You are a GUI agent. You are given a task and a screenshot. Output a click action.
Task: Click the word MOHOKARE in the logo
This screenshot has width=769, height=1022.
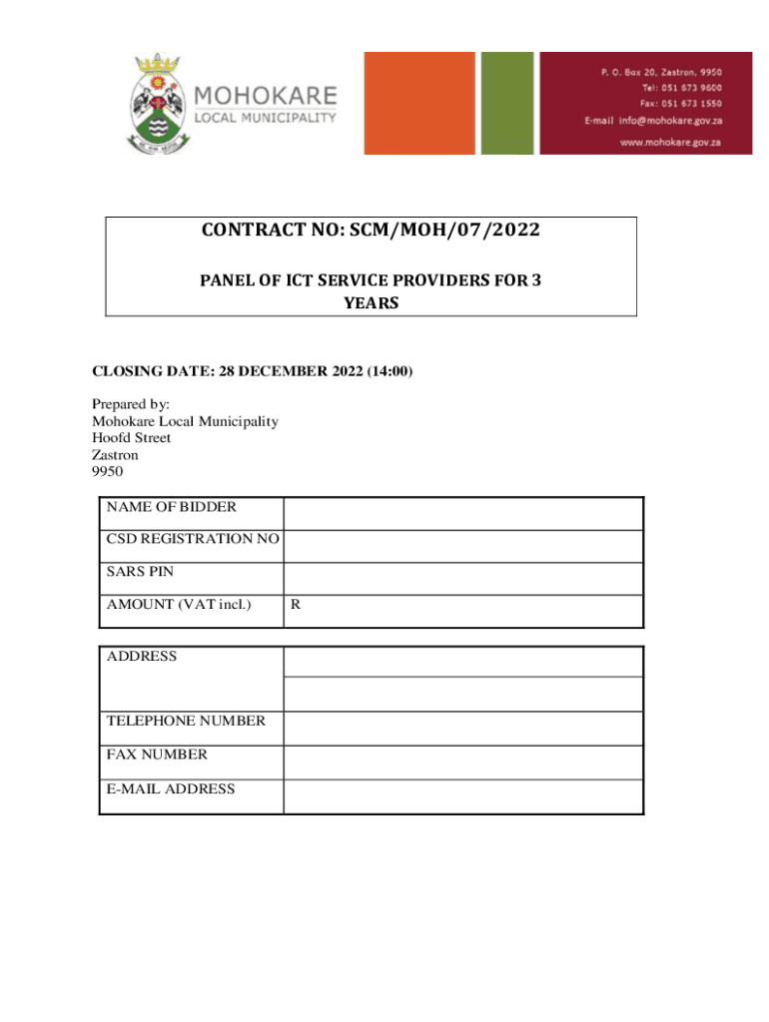[x=265, y=97]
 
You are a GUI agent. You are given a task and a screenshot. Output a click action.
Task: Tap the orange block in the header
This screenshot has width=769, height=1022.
[x=418, y=103]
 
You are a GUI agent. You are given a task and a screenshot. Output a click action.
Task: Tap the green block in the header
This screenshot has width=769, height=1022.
[x=507, y=103]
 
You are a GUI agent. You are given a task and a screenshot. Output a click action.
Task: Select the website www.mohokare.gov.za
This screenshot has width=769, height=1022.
[x=670, y=143]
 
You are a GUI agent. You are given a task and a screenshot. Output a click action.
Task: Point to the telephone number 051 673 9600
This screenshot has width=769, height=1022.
[x=696, y=88]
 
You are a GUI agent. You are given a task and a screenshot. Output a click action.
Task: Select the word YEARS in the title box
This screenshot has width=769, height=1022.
[x=371, y=302]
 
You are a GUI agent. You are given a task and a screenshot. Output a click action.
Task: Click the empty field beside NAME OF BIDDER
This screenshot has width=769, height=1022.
[x=462, y=514]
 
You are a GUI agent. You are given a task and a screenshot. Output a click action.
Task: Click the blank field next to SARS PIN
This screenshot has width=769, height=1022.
[x=462, y=579]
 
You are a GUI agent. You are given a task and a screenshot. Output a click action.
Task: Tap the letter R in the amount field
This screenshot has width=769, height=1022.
[x=296, y=604]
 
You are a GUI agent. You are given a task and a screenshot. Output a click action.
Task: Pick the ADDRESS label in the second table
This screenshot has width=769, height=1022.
[x=142, y=656]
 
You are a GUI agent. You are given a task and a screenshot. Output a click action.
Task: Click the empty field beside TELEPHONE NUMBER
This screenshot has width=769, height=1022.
[x=462, y=728]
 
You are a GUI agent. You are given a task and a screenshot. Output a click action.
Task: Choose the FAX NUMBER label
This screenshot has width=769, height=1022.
[x=157, y=755]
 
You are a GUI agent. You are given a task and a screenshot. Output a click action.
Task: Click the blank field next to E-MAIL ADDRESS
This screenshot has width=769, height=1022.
[x=462, y=795]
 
